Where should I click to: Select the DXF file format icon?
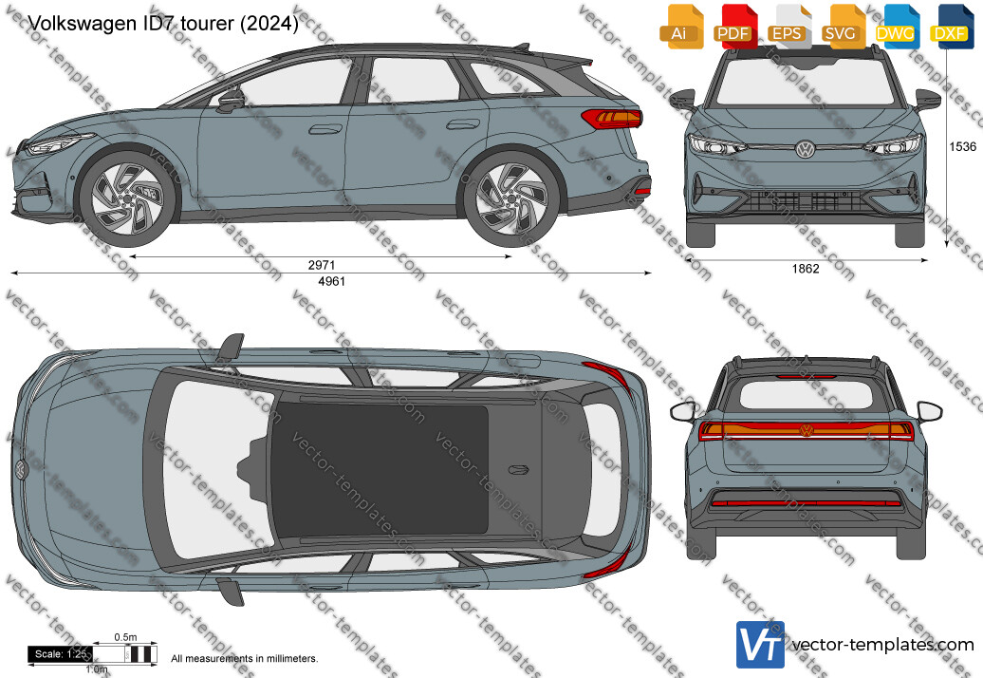pos(951,26)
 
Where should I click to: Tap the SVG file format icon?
pos(841,26)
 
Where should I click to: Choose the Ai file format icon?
pos(679,26)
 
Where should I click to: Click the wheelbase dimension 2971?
pos(321,265)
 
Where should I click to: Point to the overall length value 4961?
pos(332,281)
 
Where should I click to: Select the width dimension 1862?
pos(806,269)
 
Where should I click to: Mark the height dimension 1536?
pos(962,146)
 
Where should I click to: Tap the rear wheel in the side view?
pos(512,198)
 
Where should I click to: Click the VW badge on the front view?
pos(805,149)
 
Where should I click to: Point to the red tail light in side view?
pos(611,118)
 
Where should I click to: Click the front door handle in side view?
pos(325,129)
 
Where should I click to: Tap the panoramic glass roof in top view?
pos(380,467)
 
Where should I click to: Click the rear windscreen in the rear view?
pos(806,395)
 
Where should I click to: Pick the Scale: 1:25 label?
pos(61,653)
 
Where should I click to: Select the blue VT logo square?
pos(760,644)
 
